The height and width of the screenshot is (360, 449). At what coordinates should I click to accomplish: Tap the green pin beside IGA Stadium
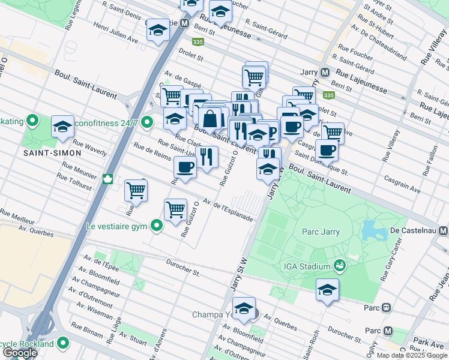[339, 265]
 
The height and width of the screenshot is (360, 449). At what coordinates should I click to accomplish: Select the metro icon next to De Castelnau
[444, 230]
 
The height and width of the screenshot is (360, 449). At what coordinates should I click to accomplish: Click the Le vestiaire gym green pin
[157, 226]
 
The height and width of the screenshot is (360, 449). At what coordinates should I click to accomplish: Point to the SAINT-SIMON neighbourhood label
[52, 153]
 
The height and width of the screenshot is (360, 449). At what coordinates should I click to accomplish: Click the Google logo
[20, 353]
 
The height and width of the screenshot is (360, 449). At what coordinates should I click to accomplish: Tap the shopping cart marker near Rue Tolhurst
[136, 190]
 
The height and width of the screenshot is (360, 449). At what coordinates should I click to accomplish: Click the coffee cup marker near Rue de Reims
[185, 167]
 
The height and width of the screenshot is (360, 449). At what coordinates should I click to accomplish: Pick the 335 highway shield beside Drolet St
[197, 42]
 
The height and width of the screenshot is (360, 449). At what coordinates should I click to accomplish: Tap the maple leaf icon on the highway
[109, 178]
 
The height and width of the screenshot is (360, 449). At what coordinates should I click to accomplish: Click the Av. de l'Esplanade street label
[228, 210]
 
